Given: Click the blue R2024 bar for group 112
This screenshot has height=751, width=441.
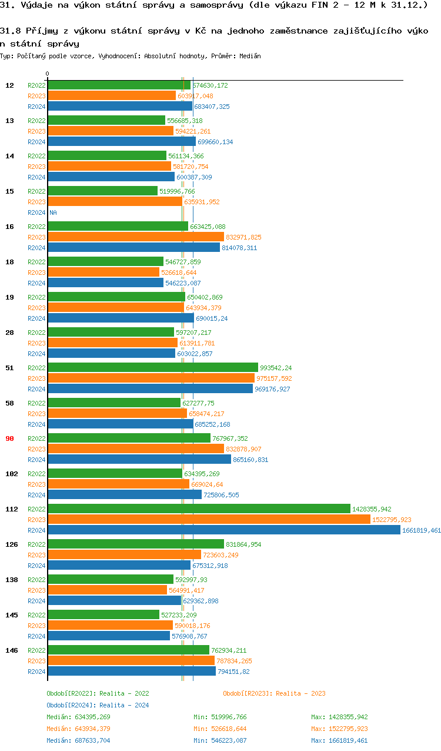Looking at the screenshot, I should click(223, 530).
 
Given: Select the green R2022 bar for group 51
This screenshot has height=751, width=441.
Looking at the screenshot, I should click(152, 368).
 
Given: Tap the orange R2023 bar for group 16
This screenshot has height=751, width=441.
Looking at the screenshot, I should click(135, 237).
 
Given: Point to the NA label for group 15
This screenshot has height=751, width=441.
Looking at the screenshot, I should click(53, 212).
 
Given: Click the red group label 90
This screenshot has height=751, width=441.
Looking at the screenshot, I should click(9, 438).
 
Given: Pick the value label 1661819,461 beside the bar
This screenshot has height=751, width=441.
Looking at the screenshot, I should click(421, 530).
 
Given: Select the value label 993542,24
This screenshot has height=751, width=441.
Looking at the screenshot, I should click(276, 368).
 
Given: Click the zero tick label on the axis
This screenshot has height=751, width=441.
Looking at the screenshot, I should click(48, 74).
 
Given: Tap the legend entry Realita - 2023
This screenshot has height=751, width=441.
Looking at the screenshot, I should click(274, 693).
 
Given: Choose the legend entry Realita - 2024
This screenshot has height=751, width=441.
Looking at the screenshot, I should click(98, 705).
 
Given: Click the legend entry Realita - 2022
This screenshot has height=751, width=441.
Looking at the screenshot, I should click(98, 693).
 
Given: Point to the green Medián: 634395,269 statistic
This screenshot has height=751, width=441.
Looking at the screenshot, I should click(78, 717).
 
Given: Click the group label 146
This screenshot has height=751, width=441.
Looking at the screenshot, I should click(11, 650).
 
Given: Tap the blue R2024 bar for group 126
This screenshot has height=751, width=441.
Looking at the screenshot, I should click(119, 566).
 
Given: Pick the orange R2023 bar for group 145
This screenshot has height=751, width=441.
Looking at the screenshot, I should click(110, 626).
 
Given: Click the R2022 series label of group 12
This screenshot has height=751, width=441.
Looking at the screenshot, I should click(36, 85).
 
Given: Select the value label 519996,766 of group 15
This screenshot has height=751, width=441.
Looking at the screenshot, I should click(177, 191).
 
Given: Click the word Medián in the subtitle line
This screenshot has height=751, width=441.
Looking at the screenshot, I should click(249, 56).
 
